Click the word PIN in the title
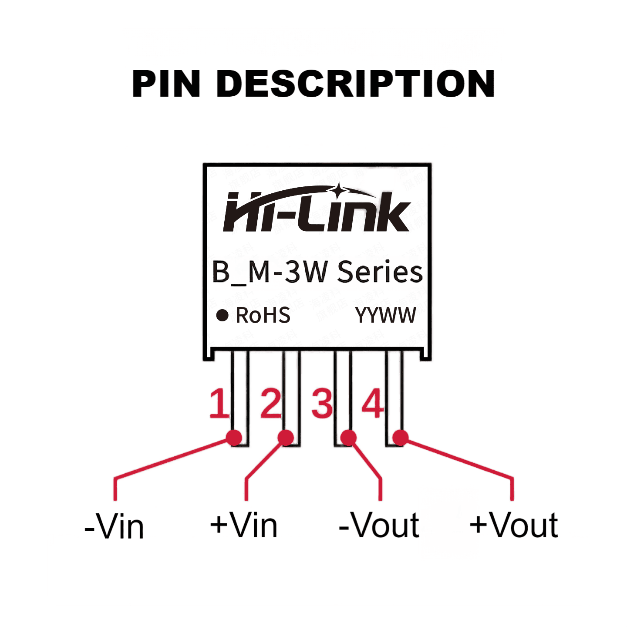point(166,84)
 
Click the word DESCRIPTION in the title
point(356,84)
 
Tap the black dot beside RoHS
point(222,315)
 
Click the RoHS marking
point(263,315)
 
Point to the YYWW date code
point(385,315)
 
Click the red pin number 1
point(219,404)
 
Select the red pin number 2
point(271,404)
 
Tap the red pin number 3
point(322,404)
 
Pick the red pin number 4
point(373,404)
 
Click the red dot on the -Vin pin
point(234,438)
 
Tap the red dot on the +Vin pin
point(286,438)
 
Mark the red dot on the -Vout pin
point(348,438)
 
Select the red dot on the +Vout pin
point(401,438)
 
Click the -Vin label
point(114,526)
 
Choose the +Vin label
point(244,525)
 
